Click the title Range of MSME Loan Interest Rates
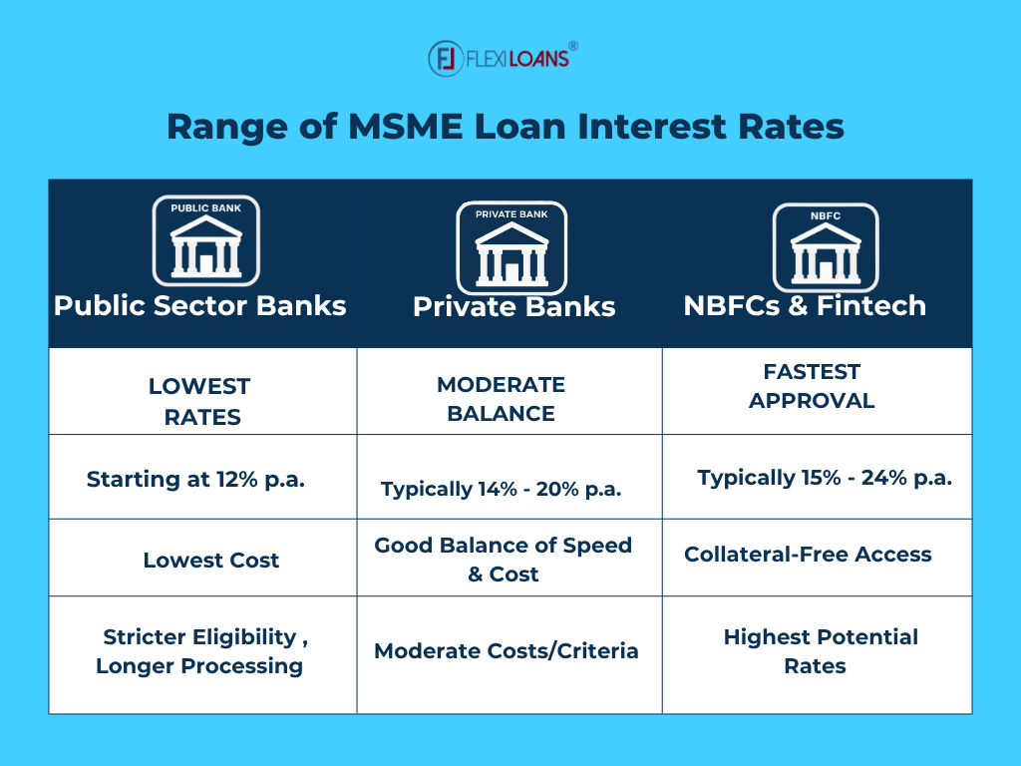pyautogui.click(x=505, y=128)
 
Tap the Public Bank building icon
pyautogui.click(x=205, y=240)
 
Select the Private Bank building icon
pyautogui.click(x=511, y=247)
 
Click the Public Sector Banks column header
pyautogui.click(x=200, y=305)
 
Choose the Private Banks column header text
pyautogui.click(x=513, y=306)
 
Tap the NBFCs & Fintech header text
pyautogui.click(x=805, y=305)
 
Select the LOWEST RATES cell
pyautogui.click(x=200, y=401)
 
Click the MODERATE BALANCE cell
pyautogui.click(x=501, y=399)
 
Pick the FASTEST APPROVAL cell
pyautogui.click(x=812, y=386)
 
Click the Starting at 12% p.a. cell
pyautogui.click(x=195, y=479)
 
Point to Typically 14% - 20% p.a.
pyautogui.click(x=502, y=489)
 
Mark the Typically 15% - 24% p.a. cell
pyautogui.click(x=825, y=478)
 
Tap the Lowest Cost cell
pyautogui.click(x=211, y=561)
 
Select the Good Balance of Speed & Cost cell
pyautogui.click(x=504, y=560)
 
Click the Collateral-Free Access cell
pyautogui.click(x=808, y=555)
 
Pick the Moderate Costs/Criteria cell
pyautogui.click(x=507, y=651)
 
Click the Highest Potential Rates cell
pyautogui.click(x=820, y=651)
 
